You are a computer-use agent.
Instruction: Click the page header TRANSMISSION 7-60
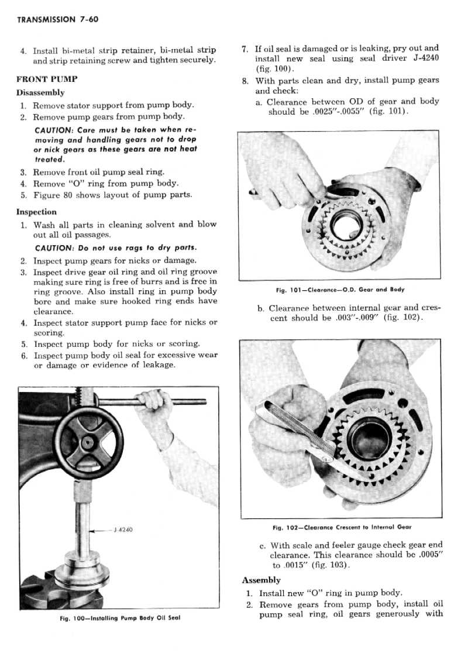pyautogui.click(x=57, y=20)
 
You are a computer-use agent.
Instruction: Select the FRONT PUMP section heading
pyautogui.click(x=47, y=79)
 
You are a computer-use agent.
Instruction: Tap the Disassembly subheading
pyautogui.click(x=40, y=92)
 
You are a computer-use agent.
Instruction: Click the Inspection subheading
pyautogui.click(x=36, y=212)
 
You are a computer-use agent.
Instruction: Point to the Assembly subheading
pyautogui.click(x=261, y=580)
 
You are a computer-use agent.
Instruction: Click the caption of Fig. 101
pyautogui.click(x=340, y=290)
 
